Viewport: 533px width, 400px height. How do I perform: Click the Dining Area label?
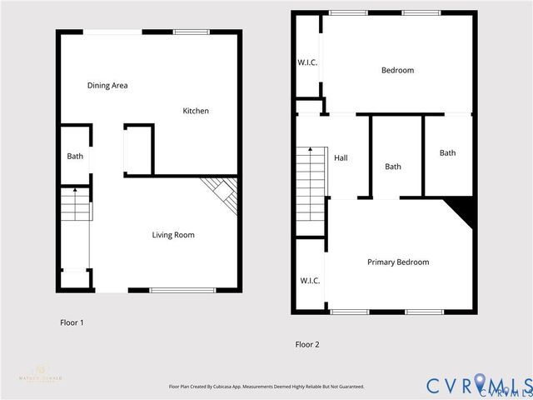107,85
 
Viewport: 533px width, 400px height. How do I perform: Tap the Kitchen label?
196,111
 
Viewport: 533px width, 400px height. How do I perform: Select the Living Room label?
173,235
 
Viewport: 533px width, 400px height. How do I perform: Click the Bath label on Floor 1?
75,156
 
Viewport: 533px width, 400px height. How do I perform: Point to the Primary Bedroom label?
398,262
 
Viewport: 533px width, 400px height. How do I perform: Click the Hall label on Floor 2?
341,157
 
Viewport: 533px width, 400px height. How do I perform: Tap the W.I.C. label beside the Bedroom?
308,63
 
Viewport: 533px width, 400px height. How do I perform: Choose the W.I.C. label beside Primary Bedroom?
309,281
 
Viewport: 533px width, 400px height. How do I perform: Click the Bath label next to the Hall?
393,167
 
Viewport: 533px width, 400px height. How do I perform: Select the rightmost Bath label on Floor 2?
448,152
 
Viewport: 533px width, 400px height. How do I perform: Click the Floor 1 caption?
72,322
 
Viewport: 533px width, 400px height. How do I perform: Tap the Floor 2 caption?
307,344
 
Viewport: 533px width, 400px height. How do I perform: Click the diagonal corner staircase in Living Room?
224,194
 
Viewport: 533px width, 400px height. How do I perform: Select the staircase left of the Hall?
310,183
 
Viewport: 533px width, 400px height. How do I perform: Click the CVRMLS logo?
480,385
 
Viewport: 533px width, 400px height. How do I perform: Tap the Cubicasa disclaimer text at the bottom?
266,387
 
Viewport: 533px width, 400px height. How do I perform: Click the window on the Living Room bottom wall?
181,289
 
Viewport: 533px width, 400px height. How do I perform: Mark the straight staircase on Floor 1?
73,204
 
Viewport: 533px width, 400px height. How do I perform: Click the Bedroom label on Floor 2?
397,70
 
